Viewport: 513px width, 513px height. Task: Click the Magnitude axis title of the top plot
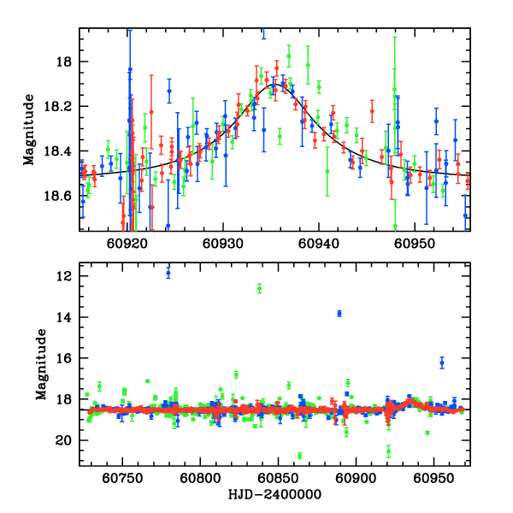(28, 129)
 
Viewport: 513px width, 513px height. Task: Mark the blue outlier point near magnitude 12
(168, 273)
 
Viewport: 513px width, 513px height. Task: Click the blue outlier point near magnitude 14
(339, 314)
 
